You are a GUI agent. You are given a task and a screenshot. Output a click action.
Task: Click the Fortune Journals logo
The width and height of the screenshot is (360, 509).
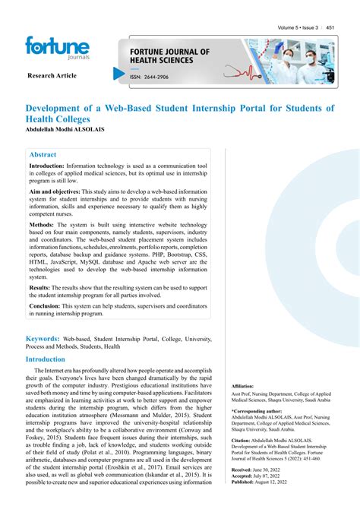coord(57,49)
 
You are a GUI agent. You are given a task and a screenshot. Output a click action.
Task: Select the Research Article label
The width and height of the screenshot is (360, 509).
coord(52,77)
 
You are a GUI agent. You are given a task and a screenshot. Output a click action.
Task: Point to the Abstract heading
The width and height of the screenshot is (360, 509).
coord(43,153)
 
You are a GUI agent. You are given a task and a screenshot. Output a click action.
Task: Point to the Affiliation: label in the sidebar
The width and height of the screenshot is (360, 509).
coord(243,387)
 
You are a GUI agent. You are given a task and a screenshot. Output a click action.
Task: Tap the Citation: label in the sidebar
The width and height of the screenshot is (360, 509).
coord(241,440)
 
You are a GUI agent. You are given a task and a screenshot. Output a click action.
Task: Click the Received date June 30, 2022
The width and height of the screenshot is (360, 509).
coord(275,470)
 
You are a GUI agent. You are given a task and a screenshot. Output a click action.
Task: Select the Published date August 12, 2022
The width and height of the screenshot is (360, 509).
coord(279,482)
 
